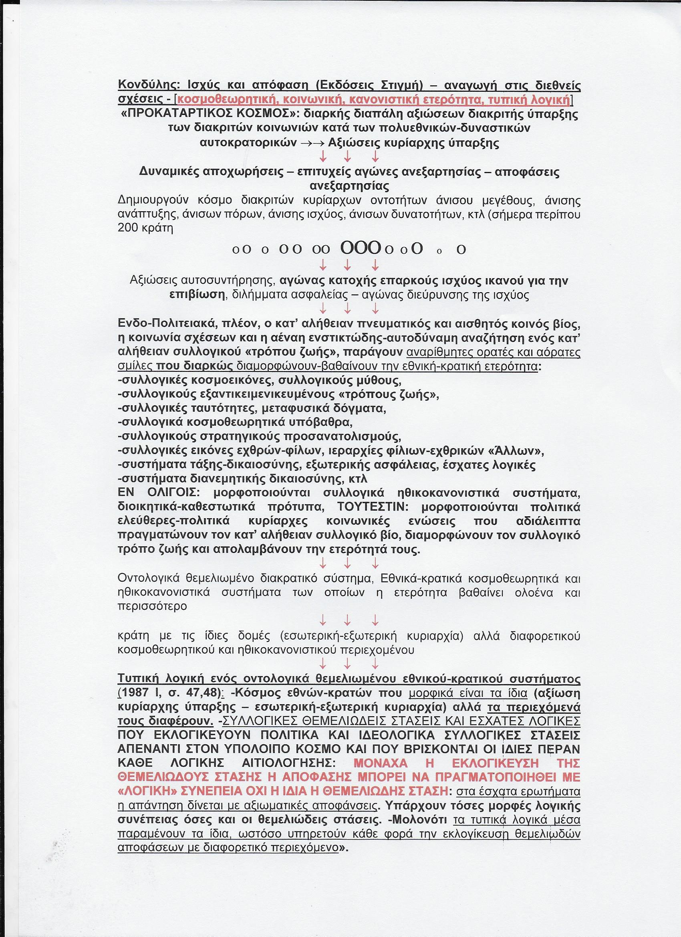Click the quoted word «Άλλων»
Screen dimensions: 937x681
pos(524,451)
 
